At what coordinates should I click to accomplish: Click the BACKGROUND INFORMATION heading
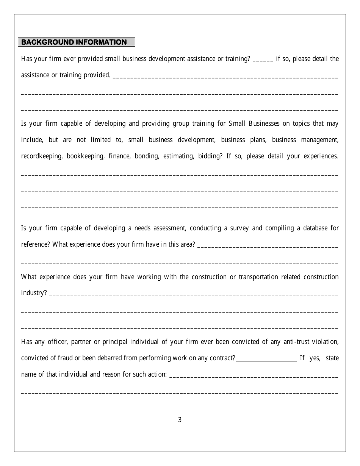74,42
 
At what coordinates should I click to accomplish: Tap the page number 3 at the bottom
180,419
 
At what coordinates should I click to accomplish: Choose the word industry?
34,293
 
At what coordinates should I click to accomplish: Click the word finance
119,156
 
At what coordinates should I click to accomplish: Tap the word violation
326,342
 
